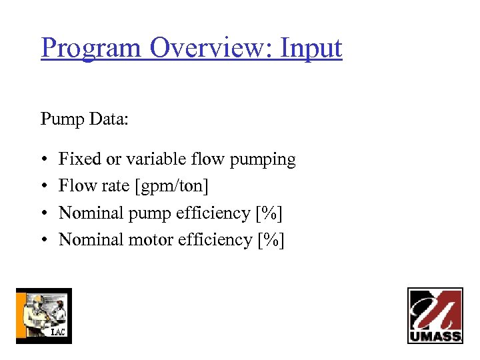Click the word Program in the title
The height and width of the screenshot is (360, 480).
point(91,49)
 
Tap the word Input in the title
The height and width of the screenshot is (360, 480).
point(311,49)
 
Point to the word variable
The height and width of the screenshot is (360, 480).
point(158,159)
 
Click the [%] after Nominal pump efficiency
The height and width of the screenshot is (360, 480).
point(269,213)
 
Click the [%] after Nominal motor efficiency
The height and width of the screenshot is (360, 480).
point(271,240)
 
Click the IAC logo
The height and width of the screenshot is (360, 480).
point(44,315)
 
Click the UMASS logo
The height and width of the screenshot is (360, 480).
point(435,315)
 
